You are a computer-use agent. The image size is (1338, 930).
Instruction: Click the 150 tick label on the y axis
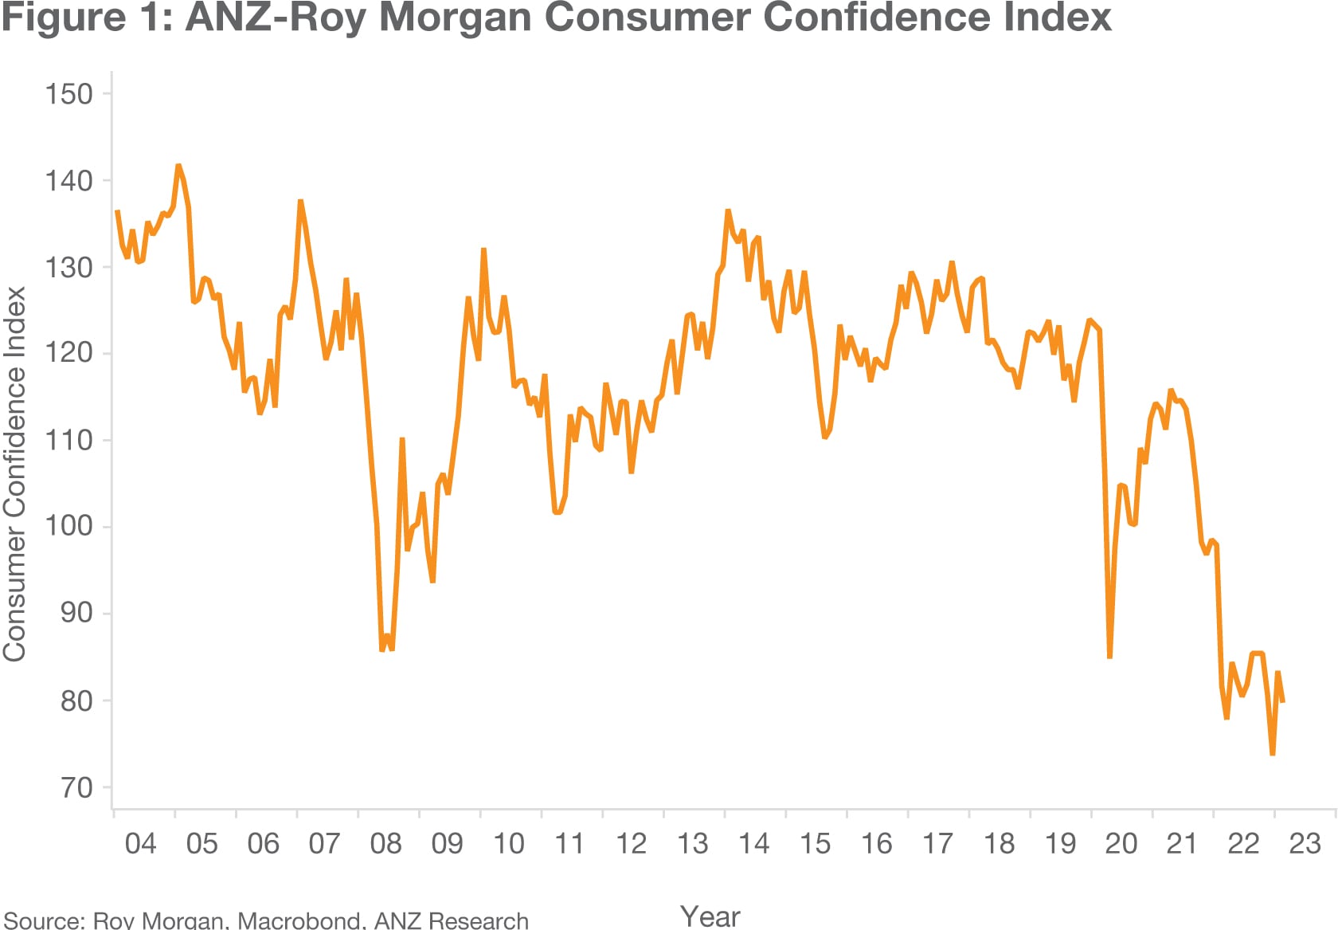(x=68, y=94)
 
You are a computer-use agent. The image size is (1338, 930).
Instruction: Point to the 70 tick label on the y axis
(x=76, y=787)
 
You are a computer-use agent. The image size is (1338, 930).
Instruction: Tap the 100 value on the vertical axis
(x=68, y=526)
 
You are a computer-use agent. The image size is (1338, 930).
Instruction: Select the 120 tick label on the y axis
(x=68, y=353)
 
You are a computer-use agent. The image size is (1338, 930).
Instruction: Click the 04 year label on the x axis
(x=140, y=844)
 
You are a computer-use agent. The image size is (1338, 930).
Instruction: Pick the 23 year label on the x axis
(x=1305, y=844)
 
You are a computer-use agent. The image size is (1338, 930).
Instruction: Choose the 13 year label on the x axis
(x=692, y=844)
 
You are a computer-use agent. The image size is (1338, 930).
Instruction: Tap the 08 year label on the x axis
(x=385, y=844)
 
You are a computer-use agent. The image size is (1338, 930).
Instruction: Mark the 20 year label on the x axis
(x=1121, y=844)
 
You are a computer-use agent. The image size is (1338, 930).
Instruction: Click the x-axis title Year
(x=710, y=916)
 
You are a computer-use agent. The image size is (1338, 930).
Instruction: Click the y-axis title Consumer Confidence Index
(x=14, y=473)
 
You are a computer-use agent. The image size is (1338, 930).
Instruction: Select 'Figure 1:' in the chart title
(x=86, y=18)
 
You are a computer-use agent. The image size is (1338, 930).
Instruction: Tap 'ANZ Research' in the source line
(x=451, y=920)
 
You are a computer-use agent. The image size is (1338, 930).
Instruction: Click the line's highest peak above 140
(x=178, y=166)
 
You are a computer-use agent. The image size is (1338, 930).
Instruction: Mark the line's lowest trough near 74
(x=1273, y=753)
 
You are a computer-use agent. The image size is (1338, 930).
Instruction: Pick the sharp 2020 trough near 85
(x=1109, y=657)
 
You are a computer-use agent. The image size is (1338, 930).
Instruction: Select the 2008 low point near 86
(x=382, y=650)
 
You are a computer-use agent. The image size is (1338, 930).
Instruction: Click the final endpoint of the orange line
(x=1282, y=701)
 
